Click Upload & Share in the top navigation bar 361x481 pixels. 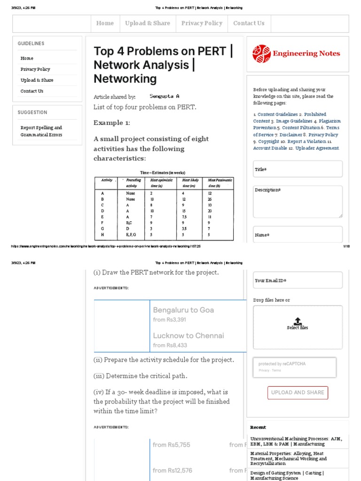148,23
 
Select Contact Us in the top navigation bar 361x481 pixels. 249,23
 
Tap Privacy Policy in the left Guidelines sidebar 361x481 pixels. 35,69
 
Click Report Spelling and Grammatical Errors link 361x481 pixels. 41,131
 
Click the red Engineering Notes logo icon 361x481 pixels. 261,54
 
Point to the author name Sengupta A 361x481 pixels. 165,96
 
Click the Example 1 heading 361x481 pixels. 112,123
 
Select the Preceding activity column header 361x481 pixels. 133,183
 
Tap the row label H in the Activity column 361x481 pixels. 102,234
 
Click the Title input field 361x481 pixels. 298,169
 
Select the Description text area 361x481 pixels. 298,202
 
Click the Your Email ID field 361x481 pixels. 298,280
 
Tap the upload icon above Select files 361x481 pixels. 298,321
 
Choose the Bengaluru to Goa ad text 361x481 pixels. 183,310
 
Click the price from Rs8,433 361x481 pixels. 170,345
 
